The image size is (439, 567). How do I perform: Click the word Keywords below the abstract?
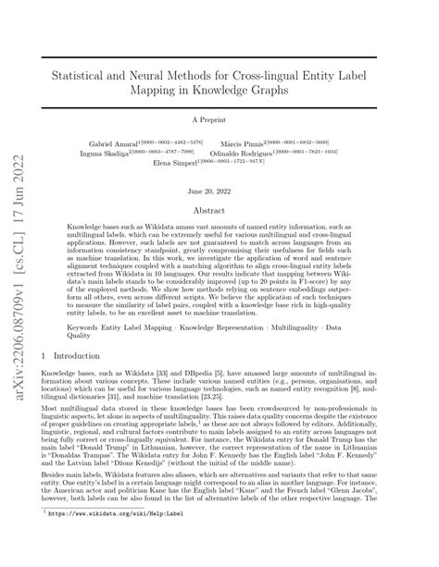point(87,326)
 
